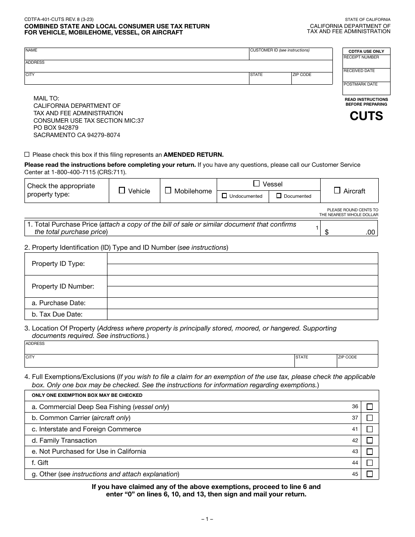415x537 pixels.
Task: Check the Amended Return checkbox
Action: pyautogui.click(x=27, y=155)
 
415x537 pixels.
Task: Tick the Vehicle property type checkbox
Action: pyautogui.click(x=122, y=190)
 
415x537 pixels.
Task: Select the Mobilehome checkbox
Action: pyautogui.click(x=168, y=190)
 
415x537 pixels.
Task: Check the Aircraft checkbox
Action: pyautogui.click(x=337, y=190)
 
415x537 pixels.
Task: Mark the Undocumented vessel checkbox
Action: pyautogui.click(x=225, y=196)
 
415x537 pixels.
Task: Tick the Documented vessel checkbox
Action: pyautogui.click(x=279, y=196)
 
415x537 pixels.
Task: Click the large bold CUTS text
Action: pyautogui.click(x=366, y=116)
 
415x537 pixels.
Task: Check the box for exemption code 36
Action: pyautogui.click(x=370, y=407)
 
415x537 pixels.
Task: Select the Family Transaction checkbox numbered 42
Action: pyautogui.click(x=370, y=441)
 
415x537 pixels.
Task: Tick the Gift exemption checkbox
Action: pyautogui.click(x=370, y=463)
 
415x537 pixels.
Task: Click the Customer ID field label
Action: pyautogui.click(x=280, y=50)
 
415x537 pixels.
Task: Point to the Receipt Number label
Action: pyautogui.click(x=361, y=57)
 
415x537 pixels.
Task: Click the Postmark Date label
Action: pyautogui.click(x=360, y=84)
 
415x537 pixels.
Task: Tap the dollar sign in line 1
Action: pyautogui.click(x=327, y=232)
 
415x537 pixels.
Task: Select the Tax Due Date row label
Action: pyautogui.click(x=57, y=314)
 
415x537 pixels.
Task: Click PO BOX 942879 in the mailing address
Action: pyautogui.click(x=56, y=128)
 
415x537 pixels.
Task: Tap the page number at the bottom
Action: pyautogui.click(x=207, y=520)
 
